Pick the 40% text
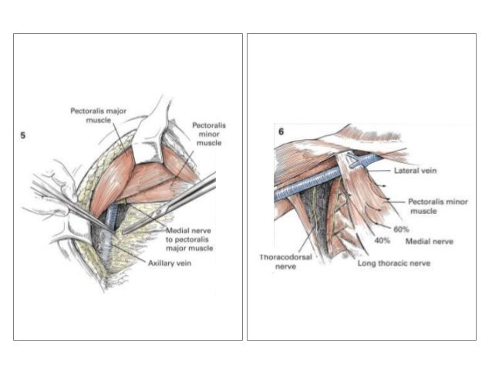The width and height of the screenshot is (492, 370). pos(382,241)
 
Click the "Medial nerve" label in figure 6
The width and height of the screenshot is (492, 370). pos(430,241)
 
